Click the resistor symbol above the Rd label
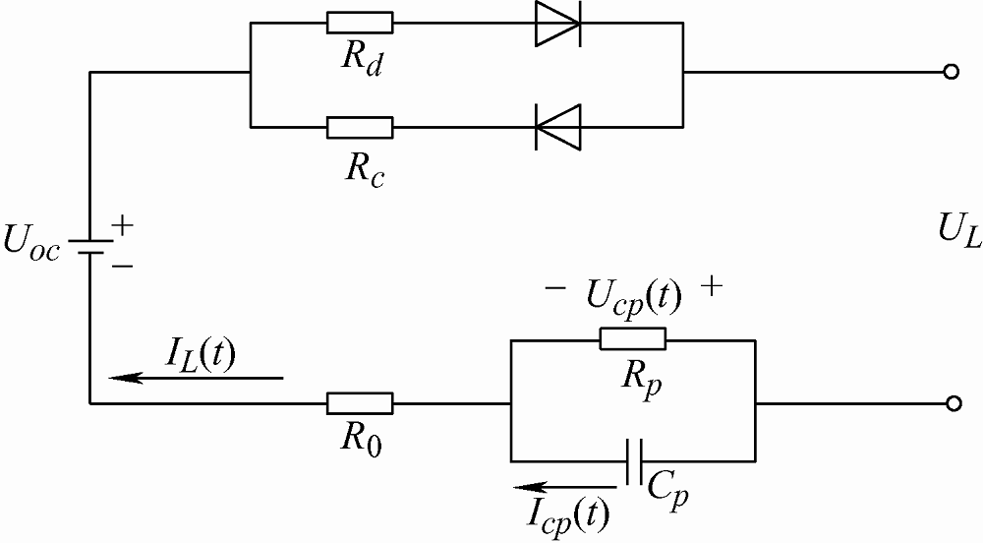coord(360,23)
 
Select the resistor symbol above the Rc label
coord(360,127)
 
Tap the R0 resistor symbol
coord(360,403)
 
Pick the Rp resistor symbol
coord(632,340)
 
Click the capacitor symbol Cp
coord(633,460)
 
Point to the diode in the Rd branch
coord(557,23)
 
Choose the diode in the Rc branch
coord(557,127)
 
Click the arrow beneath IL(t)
coord(196,377)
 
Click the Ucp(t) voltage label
coord(632,294)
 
